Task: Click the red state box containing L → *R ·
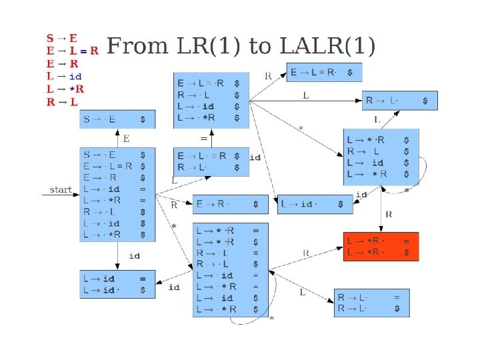pyautogui.click(x=381, y=247)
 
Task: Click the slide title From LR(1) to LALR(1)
pyautogui.click(x=241, y=46)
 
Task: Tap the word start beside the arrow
pyautogui.click(x=60, y=190)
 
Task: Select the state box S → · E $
pyautogui.click(x=117, y=120)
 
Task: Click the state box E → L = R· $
pyautogui.click(x=324, y=73)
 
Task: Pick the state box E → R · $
pyautogui.click(x=231, y=204)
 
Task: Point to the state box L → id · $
pyautogui.click(x=315, y=204)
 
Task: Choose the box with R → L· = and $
pyautogui.click(x=372, y=303)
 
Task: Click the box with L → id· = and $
pyautogui.click(x=117, y=284)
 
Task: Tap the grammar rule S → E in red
pyautogui.click(x=61, y=39)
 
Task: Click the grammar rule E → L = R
pyautogui.click(x=72, y=51)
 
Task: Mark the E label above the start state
pyautogui.click(x=127, y=139)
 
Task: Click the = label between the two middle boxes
pyautogui.click(x=204, y=138)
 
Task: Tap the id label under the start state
pyautogui.click(x=134, y=255)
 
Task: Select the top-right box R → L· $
pyautogui.click(x=400, y=101)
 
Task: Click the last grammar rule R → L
pyautogui.click(x=62, y=102)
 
